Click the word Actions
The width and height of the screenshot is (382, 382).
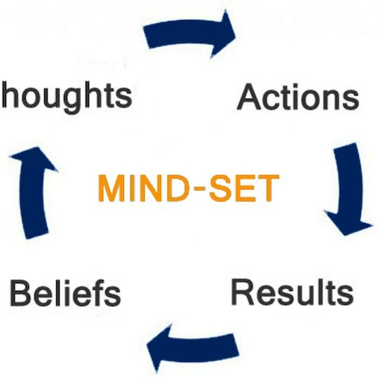pos(298,97)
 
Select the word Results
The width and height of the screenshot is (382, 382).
pos(292,292)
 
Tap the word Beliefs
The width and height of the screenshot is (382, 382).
pos(66,292)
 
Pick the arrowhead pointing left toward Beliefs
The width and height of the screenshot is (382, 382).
pos(159,348)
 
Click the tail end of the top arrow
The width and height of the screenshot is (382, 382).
pos(147,37)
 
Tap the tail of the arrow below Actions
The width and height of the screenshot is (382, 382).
pos(345,147)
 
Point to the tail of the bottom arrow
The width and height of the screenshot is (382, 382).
pos(236,345)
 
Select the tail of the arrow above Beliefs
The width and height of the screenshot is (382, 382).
pos(37,235)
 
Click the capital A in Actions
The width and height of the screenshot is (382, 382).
pos(249,97)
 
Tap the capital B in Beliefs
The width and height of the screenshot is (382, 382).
pos(20,292)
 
